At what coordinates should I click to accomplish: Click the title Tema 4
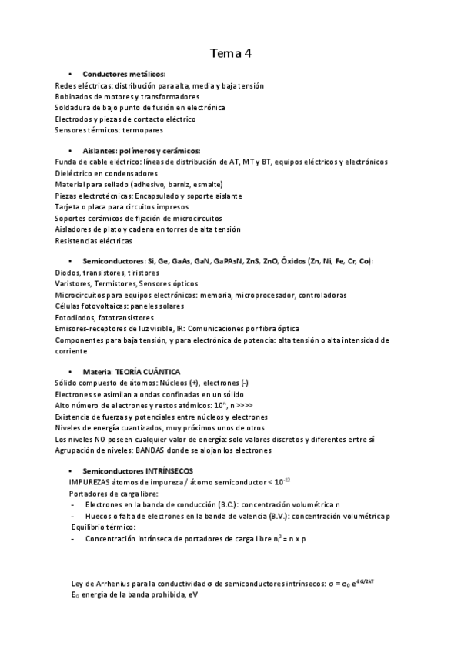click(231, 53)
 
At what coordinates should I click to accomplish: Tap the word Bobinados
click(75, 97)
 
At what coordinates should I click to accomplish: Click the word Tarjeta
click(69, 207)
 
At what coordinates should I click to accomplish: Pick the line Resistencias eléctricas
click(93, 240)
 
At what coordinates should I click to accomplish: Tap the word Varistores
click(74, 283)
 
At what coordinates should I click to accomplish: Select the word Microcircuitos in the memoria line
click(82, 295)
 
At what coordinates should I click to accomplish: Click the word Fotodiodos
click(75, 317)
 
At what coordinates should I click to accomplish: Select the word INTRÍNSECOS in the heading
click(165, 470)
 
